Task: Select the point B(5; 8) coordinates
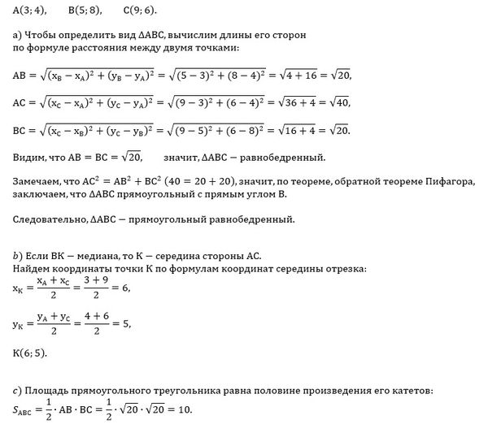click(x=85, y=11)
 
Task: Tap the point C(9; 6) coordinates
click(x=140, y=11)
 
